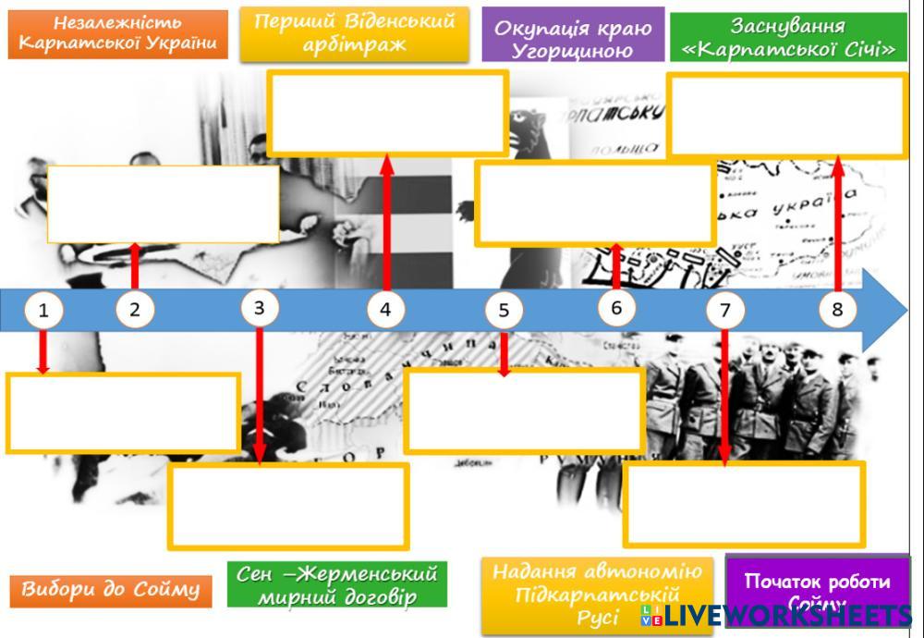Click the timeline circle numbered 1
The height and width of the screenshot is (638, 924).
(43, 311)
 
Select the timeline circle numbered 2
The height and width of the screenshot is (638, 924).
(135, 310)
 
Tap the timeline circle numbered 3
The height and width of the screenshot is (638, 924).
(260, 308)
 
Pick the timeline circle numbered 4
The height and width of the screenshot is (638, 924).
(385, 310)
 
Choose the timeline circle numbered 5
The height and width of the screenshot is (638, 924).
(504, 311)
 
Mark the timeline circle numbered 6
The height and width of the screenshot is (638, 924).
(616, 308)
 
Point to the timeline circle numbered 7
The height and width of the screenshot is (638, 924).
(724, 310)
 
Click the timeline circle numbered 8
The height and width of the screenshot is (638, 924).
(837, 310)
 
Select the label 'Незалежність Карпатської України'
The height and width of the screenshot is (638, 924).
(117, 34)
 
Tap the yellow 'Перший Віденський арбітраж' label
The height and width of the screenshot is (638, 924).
(354, 33)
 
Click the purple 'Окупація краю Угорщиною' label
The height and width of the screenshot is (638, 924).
(573, 37)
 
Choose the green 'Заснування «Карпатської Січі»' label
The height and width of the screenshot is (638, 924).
(788, 37)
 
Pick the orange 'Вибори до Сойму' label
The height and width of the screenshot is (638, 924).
(110, 589)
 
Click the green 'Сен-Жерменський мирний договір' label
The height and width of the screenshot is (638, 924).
(337, 585)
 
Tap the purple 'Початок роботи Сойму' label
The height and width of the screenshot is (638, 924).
(817, 588)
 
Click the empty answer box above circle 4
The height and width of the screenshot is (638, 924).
(387, 112)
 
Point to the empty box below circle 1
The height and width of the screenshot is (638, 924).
(123, 412)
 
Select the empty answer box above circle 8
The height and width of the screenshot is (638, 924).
(787, 116)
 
